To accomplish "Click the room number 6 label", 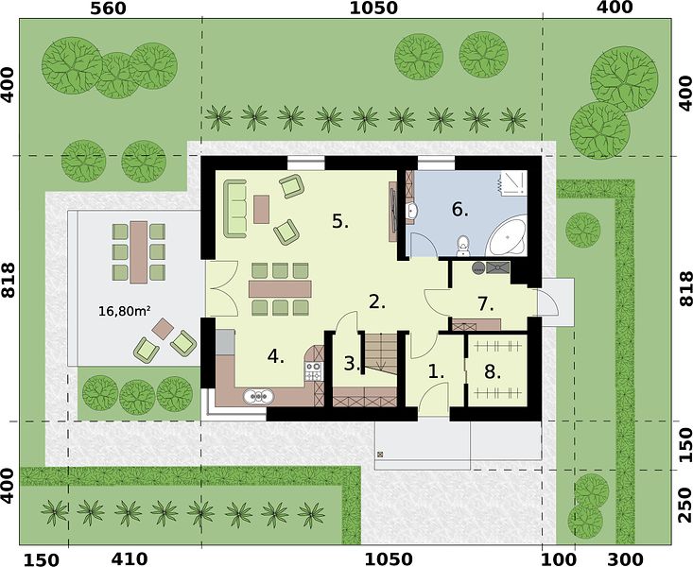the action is pyautogui.click(x=459, y=209).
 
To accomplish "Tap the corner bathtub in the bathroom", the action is pyautogui.click(x=508, y=236).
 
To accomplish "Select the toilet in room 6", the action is pyautogui.click(x=462, y=246).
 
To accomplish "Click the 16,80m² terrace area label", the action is pyautogui.click(x=123, y=311).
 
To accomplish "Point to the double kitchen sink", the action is pyautogui.click(x=258, y=396).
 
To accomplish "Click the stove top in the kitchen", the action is pyautogui.click(x=313, y=371).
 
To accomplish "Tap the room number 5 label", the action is pyautogui.click(x=339, y=221).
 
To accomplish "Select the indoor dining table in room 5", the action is pyautogui.click(x=280, y=288).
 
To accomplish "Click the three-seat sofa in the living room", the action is pyautogui.click(x=234, y=209).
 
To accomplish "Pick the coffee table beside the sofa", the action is pyautogui.click(x=261, y=209).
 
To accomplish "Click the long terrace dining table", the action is pyautogui.click(x=139, y=252).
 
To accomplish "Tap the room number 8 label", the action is pyautogui.click(x=492, y=372).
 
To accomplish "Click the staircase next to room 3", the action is pyautogui.click(x=380, y=352).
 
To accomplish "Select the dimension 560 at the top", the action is pyautogui.click(x=108, y=8).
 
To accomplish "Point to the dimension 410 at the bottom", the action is pyautogui.click(x=130, y=558).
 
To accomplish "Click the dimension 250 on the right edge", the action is pyautogui.click(x=684, y=506).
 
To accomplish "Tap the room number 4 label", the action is pyautogui.click(x=275, y=356).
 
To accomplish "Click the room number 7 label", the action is pyautogui.click(x=485, y=304).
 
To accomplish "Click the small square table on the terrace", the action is pyautogui.click(x=164, y=329).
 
